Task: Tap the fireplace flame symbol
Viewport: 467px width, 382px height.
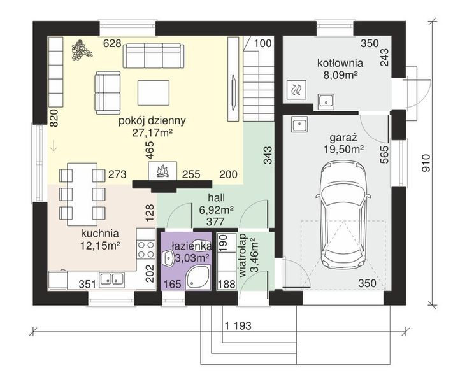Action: (x=162, y=171)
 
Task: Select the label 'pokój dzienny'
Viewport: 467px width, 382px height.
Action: (x=152, y=120)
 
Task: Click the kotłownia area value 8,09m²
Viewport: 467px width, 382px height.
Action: (x=340, y=75)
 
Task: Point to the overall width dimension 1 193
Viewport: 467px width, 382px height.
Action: (x=238, y=325)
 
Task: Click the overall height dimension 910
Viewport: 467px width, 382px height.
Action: (x=426, y=163)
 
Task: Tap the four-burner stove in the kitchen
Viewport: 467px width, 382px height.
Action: (x=146, y=249)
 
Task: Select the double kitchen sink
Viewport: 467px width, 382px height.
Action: (x=112, y=279)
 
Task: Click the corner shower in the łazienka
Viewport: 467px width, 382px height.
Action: (x=198, y=278)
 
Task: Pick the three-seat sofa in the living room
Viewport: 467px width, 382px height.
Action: (x=154, y=55)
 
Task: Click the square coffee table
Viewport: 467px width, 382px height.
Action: (x=154, y=92)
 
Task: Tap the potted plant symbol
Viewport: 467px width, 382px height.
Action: (x=81, y=50)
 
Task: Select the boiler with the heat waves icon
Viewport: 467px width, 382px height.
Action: (x=296, y=90)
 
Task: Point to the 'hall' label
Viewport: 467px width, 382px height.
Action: (x=216, y=197)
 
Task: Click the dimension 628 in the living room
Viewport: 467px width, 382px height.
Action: (x=112, y=43)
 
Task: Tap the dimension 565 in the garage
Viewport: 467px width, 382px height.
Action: (x=385, y=154)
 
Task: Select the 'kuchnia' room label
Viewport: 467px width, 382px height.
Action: (x=100, y=233)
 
